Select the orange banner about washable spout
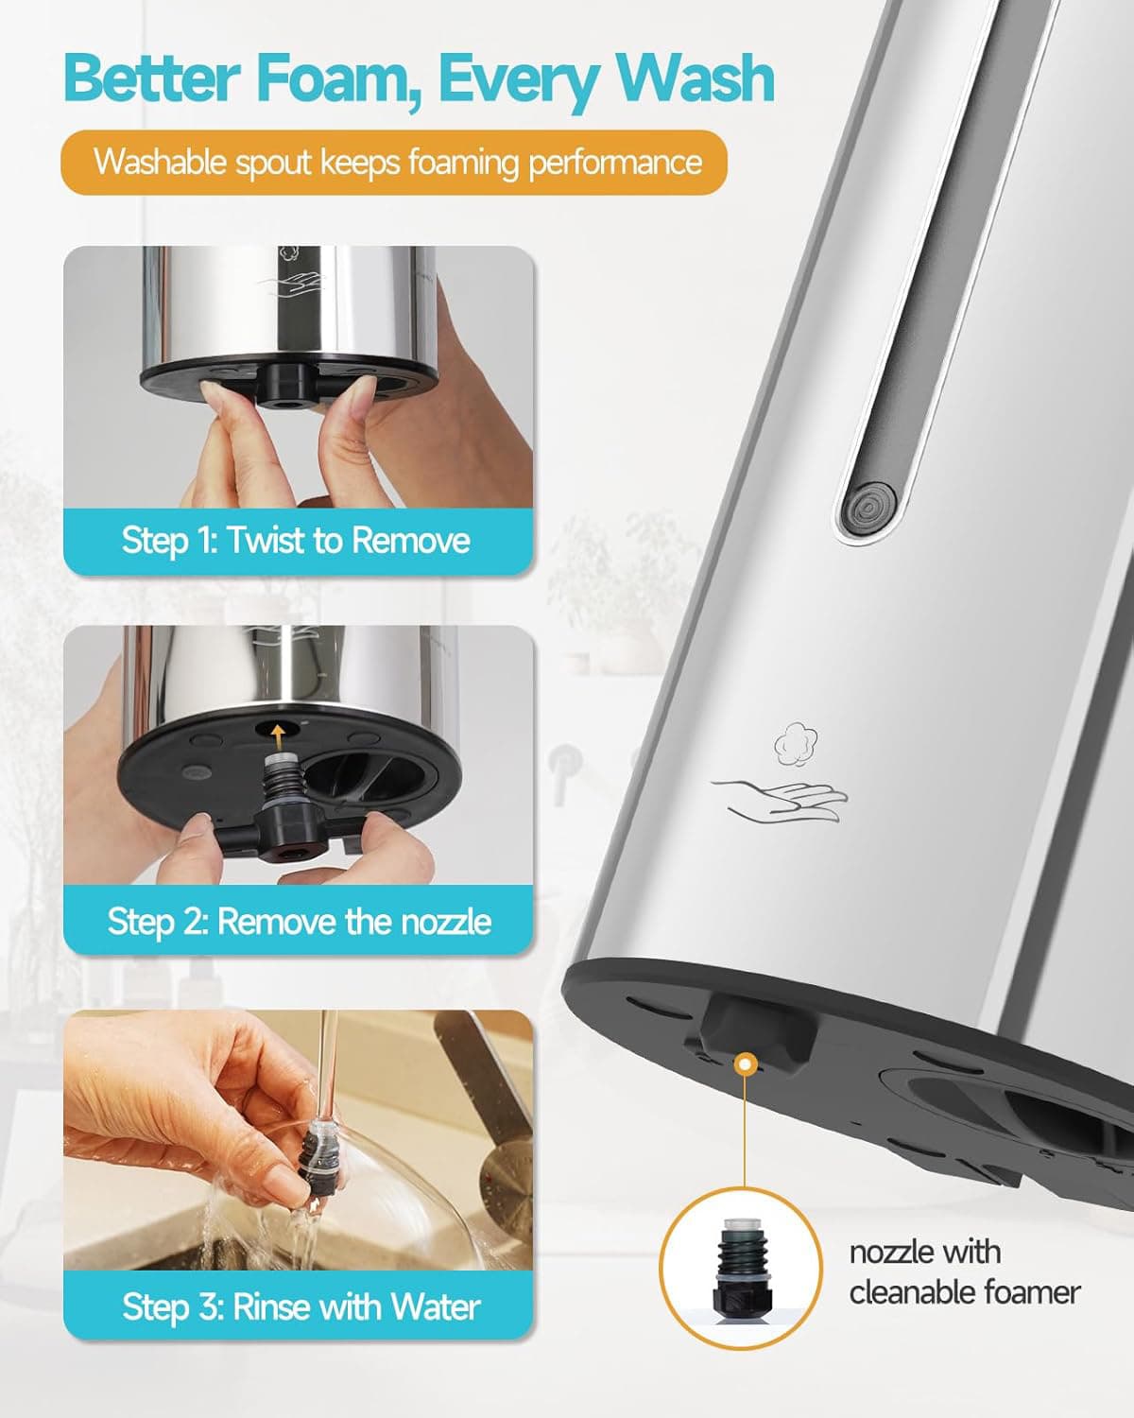click(x=395, y=163)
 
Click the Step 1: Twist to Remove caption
click(x=296, y=541)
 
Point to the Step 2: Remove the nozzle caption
click(x=299, y=922)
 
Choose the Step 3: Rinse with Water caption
click(x=301, y=1307)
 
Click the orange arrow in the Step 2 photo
click(x=277, y=729)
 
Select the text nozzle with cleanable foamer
click(x=964, y=1271)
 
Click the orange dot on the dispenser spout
click(x=747, y=1065)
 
